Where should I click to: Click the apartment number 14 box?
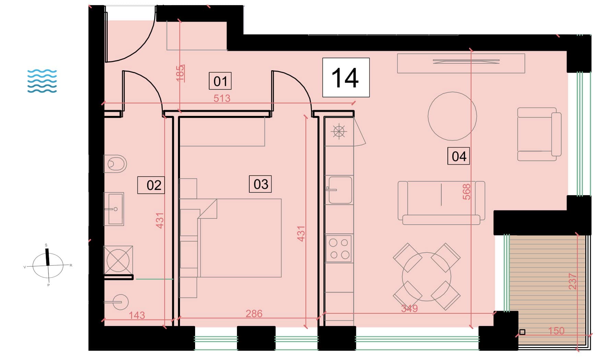(346, 77)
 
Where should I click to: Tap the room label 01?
(220, 81)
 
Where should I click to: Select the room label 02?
(151, 185)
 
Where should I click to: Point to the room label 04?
(459, 156)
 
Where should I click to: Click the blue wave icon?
(42, 81)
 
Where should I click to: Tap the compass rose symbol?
(48, 265)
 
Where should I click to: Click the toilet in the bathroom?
(115, 164)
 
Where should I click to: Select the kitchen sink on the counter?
(339, 190)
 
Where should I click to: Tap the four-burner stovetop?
(339, 249)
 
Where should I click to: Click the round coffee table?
(452, 116)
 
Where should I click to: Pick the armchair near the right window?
(539, 134)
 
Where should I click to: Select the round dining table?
(427, 276)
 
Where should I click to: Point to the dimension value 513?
(222, 98)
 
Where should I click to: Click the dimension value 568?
(466, 192)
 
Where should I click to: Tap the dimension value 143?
(137, 315)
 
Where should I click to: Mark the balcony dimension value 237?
(573, 281)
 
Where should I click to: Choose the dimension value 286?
(254, 313)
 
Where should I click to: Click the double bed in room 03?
(240, 238)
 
